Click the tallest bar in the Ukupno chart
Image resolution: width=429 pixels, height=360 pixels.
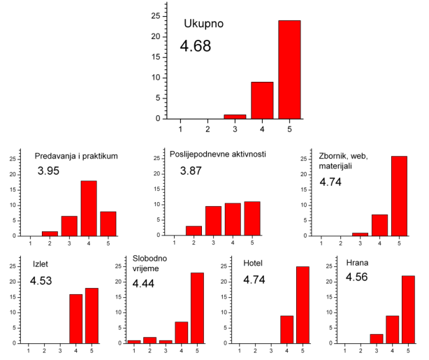pyautogui.click(x=289, y=70)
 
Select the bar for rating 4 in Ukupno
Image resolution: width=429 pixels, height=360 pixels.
pyautogui.click(x=262, y=100)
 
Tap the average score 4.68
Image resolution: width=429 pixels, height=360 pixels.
pyautogui.click(x=195, y=47)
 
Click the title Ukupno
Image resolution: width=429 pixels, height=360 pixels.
pyautogui.click(x=203, y=24)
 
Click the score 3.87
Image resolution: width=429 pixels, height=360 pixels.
pyautogui.click(x=193, y=171)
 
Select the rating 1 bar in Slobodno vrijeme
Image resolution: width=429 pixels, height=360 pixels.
pyautogui.click(x=133, y=341)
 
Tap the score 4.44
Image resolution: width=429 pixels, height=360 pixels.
pyautogui.click(x=147, y=285)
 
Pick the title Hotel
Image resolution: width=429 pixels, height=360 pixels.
pyautogui.click(x=254, y=264)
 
